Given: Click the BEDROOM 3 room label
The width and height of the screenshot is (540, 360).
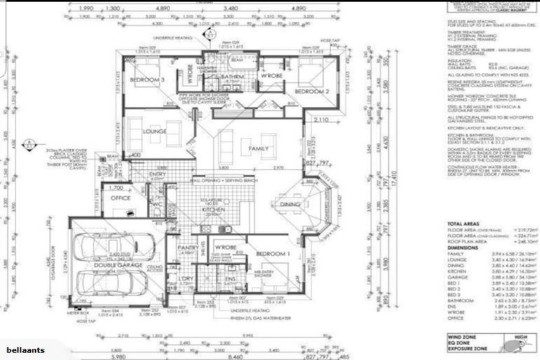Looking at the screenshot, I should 147,81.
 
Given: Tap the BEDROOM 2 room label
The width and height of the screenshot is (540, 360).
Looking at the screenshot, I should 312,92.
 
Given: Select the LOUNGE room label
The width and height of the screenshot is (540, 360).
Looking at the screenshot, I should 154,131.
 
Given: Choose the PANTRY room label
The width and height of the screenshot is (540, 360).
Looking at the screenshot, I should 186,248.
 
